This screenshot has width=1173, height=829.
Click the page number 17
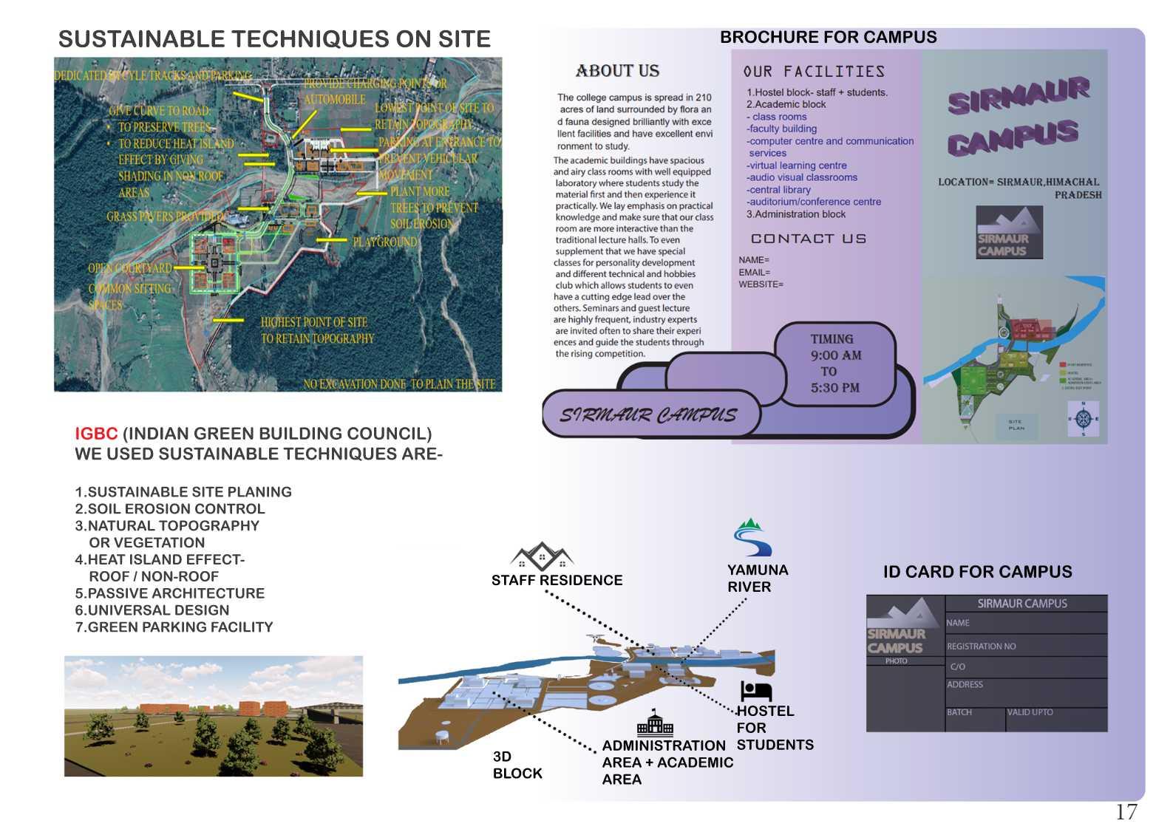click(x=1126, y=812)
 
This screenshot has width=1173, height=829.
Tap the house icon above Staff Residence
click(x=542, y=556)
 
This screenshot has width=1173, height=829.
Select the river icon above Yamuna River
click(x=752, y=537)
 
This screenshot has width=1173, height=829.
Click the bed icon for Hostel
click(x=755, y=691)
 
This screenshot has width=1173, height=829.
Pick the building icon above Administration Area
click(x=655, y=723)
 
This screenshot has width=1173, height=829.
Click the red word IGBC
click(x=96, y=434)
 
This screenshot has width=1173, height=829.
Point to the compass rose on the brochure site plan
click(x=1084, y=419)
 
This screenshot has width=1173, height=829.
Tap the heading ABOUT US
click(x=617, y=71)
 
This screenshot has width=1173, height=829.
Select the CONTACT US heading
click(x=809, y=239)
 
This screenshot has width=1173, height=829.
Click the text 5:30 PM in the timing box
click(x=835, y=388)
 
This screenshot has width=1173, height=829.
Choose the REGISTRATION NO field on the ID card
click(x=981, y=647)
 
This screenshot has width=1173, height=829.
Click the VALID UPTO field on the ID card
click(x=1030, y=712)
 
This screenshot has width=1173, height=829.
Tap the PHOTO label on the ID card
click(x=896, y=661)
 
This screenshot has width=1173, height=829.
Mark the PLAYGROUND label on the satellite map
click(x=384, y=242)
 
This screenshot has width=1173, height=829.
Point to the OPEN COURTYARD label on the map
click(x=129, y=268)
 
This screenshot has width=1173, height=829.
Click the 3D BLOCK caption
click(x=517, y=765)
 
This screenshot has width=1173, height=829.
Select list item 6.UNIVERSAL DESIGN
click(x=152, y=610)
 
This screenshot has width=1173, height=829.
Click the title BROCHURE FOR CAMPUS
click(x=828, y=37)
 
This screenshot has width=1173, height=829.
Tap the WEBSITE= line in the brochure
click(x=761, y=284)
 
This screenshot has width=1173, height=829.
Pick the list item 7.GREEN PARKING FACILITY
click(x=174, y=627)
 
